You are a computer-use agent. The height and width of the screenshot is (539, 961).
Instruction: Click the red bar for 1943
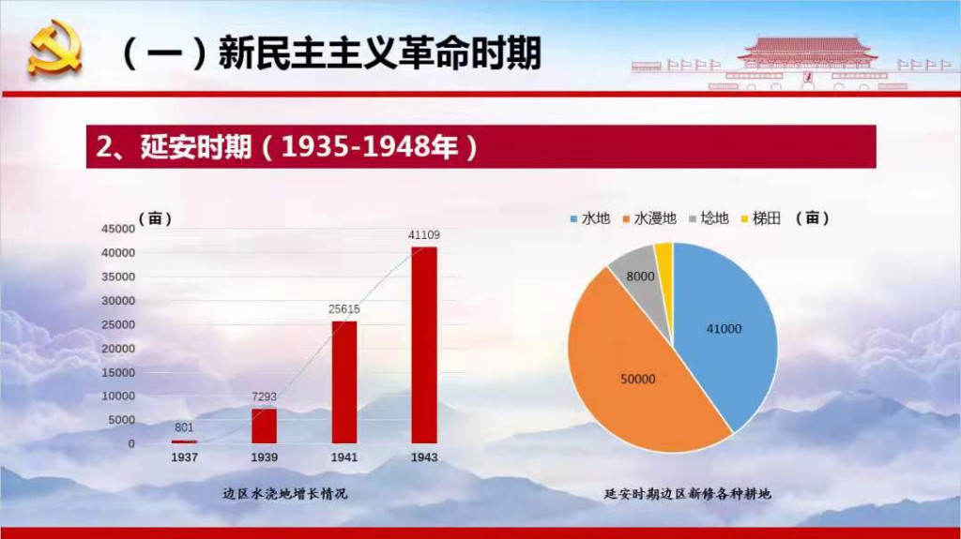click(424, 345)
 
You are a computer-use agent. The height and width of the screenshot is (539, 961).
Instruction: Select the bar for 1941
click(343, 382)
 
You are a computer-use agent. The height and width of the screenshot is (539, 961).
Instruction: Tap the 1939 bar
click(264, 426)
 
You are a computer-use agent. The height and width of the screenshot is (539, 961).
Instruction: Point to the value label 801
click(184, 427)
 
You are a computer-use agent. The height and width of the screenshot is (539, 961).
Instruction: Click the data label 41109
click(424, 234)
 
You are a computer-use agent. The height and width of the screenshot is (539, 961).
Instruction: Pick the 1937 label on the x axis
click(184, 457)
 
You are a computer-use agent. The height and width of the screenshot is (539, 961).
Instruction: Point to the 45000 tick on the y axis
click(117, 229)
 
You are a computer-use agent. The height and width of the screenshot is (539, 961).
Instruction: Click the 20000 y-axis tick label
click(117, 349)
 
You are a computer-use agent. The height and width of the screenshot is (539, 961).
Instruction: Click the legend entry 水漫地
click(649, 218)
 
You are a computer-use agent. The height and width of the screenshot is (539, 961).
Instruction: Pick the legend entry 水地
click(589, 218)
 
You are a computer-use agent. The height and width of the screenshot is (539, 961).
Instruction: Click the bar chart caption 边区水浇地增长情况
click(284, 494)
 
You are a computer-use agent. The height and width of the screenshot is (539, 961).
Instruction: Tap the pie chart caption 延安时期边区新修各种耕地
click(687, 494)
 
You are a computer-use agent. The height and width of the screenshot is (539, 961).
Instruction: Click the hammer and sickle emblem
click(54, 48)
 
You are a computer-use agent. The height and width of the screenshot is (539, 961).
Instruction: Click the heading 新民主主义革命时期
click(379, 52)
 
